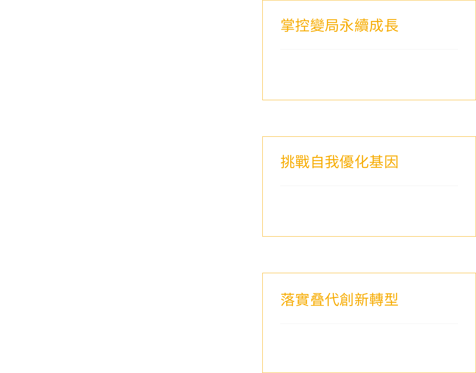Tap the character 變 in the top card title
click(317, 25)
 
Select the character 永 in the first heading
click(347, 25)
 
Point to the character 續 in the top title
click(362, 25)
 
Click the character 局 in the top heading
click(332, 25)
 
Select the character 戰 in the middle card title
click(302, 162)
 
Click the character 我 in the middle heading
click(332, 162)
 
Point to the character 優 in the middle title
click(347, 162)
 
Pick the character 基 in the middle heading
click(376, 162)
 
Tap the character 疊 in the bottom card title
click(317, 299)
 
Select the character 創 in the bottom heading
click(347, 299)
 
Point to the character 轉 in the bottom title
click(376, 299)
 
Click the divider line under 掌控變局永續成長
click(369, 49)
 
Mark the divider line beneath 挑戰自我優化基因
click(369, 186)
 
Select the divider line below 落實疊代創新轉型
click(369, 324)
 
